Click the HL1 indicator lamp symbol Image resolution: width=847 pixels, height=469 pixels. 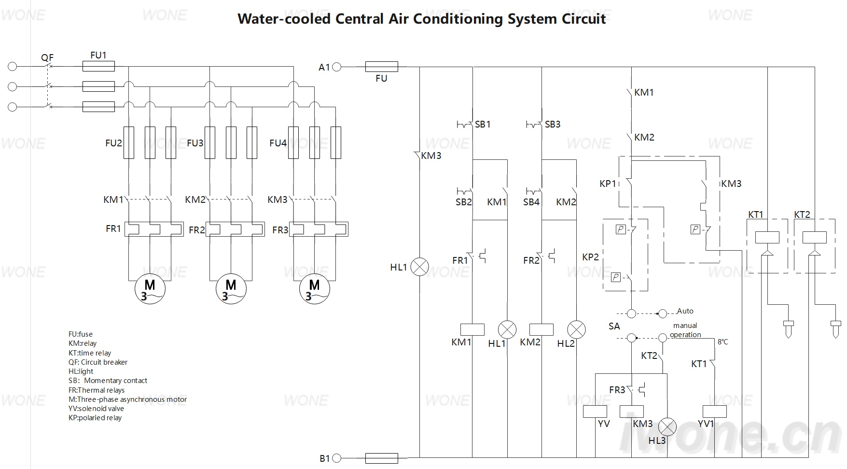419,267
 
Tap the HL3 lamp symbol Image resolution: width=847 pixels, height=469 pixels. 667,427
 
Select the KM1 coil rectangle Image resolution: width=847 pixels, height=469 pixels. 472,329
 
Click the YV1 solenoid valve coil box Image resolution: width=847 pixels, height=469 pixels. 715,411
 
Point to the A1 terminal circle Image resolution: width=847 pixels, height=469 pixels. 337,67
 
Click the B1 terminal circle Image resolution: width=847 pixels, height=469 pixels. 337,458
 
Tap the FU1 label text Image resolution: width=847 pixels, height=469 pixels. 98,55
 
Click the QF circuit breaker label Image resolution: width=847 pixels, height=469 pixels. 47,57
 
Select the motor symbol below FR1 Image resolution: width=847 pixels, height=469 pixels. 150,289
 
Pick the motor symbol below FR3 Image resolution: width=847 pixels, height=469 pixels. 314,289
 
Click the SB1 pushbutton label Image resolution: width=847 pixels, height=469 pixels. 483,124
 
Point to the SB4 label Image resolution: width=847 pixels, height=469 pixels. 531,202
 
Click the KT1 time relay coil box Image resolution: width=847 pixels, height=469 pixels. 767,237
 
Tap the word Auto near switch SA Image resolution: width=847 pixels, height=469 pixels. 685,311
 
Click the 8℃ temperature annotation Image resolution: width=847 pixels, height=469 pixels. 722,342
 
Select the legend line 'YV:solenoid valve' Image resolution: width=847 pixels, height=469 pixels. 96,409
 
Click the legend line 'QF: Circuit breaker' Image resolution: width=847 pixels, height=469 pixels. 98,362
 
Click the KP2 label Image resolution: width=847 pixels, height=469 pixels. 590,257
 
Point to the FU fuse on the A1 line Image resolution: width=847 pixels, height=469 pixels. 382,67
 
